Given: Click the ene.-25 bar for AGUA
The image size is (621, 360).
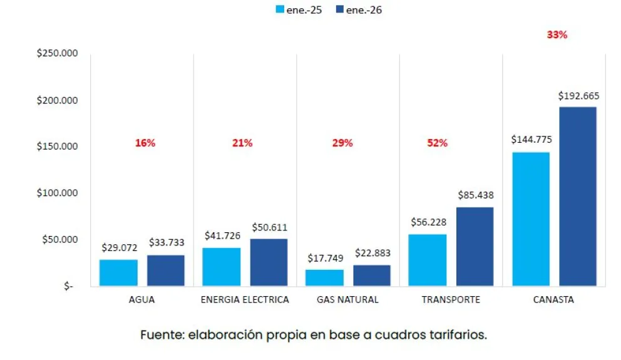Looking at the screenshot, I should [x=118, y=272].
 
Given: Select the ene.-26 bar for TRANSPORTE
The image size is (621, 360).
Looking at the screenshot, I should [x=475, y=246].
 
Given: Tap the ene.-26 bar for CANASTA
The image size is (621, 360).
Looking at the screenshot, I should [x=577, y=196].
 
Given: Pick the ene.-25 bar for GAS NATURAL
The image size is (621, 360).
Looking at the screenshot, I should [x=324, y=277].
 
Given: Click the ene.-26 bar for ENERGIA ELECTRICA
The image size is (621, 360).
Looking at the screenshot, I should [x=269, y=262].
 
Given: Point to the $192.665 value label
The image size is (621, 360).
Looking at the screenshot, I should [x=578, y=96].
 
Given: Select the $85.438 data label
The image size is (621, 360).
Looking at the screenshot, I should [x=475, y=195].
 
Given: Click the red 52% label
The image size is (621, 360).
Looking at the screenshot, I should [x=437, y=143].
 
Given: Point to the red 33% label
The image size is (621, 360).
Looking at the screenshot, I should [x=557, y=35].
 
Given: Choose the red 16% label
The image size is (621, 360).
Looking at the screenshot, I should [x=145, y=143].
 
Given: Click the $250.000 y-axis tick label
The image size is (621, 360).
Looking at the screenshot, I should [x=57, y=54].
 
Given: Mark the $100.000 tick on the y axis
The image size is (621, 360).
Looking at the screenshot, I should [x=57, y=193].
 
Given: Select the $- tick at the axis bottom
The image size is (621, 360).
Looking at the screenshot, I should [x=68, y=285].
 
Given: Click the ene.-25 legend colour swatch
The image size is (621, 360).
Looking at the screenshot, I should [x=280, y=10].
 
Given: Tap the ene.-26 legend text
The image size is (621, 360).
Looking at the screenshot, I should [x=365, y=10].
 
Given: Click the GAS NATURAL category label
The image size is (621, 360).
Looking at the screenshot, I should [x=347, y=299].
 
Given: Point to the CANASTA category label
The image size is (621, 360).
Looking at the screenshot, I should [x=553, y=299].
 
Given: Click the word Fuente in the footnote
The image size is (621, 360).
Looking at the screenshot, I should [x=160, y=335].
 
